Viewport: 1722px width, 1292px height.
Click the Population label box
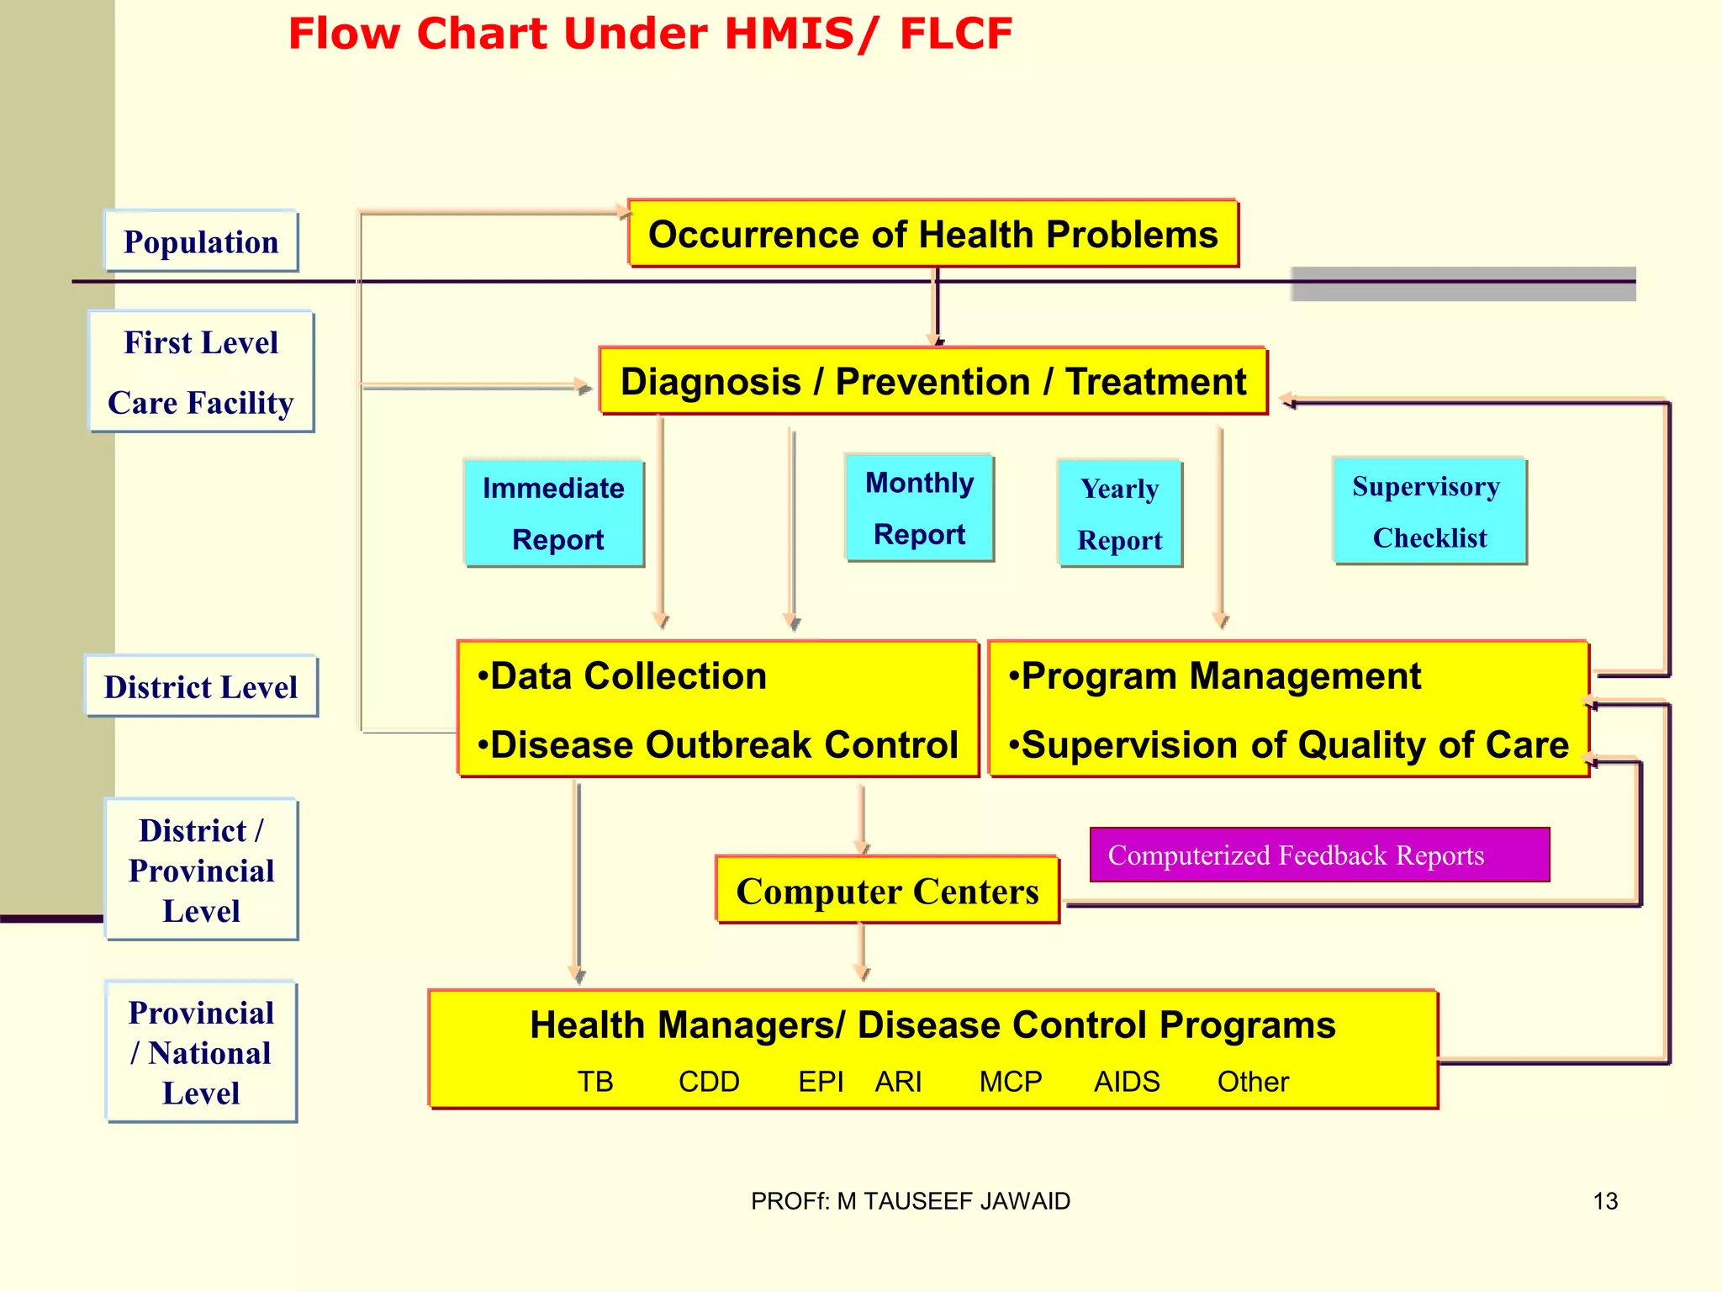pyautogui.click(x=201, y=241)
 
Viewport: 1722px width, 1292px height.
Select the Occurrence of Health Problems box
pyautogui.click(x=932, y=234)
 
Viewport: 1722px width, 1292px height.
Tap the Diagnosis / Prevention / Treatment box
pyautogui.click(x=932, y=381)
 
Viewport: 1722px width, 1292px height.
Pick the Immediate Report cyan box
pyautogui.click(x=554, y=513)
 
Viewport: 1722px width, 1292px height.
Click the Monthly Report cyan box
pyautogui.click(x=919, y=508)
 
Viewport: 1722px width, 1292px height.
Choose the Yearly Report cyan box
pyautogui.click(x=1120, y=513)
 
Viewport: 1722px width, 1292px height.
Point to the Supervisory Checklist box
pyautogui.click(x=1429, y=511)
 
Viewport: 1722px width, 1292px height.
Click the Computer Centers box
pyautogui.click(x=887, y=891)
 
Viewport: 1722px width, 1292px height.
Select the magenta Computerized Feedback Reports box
pyautogui.click(x=1318, y=855)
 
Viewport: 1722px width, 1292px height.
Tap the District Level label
pyautogui.click(x=201, y=686)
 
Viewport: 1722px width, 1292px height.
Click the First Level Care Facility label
pyautogui.click(x=201, y=372)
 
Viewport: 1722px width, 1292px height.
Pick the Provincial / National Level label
pyautogui.click(x=201, y=1051)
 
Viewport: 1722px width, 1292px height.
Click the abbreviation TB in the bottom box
pyautogui.click(x=595, y=1081)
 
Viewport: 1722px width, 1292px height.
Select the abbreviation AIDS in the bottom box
pyautogui.click(x=1126, y=1081)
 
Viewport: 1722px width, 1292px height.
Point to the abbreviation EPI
pyautogui.click(x=821, y=1081)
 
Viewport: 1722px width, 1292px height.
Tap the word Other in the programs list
pyautogui.click(x=1253, y=1081)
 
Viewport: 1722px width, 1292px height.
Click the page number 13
pyautogui.click(x=1605, y=1201)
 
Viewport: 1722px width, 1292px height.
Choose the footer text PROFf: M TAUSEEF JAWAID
pyautogui.click(x=911, y=1201)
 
